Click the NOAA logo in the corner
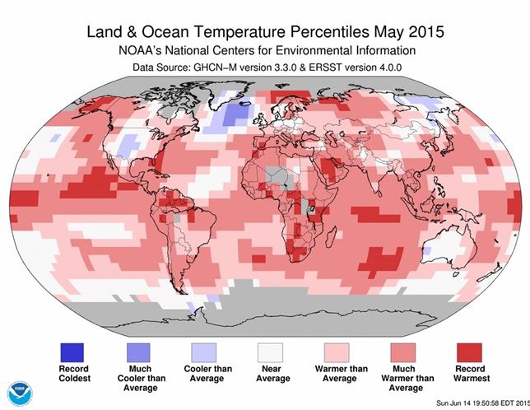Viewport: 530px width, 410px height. coord(17,393)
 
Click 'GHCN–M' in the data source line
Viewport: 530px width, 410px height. coord(223,67)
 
